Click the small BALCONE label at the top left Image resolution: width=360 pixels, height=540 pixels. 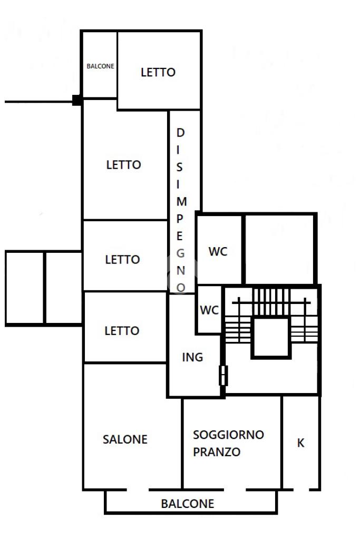click(x=100, y=66)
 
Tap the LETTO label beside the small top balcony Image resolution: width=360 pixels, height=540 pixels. click(x=158, y=72)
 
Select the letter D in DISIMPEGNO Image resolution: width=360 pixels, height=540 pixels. click(x=180, y=133)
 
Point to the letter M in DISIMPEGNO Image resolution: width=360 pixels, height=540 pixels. click(x=181, y=201)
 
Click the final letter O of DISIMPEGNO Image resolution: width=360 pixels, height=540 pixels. click(x=181, y=287)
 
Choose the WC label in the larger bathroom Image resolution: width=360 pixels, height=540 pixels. click(x=218, y=251)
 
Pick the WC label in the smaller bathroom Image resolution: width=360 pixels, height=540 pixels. click(x=209, y=310)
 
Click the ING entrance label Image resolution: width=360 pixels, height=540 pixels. click(x=192, y=357)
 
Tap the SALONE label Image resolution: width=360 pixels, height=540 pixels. click(x=125, y=439)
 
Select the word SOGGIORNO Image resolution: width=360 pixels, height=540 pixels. click(x=228, y=435)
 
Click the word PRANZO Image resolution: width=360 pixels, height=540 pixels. click(x=217, y=452)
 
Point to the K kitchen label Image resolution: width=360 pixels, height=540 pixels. click(x=300, y=443)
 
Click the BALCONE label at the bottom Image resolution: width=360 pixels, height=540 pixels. click(x=188, y=504)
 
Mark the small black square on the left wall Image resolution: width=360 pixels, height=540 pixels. click(x=77, y=100)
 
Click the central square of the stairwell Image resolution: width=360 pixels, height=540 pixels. click(x=270, y=337)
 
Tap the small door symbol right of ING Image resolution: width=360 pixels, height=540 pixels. click(x=223, y=375)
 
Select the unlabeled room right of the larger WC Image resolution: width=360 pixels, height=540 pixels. click(x=279, y=249)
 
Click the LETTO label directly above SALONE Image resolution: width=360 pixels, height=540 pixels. click(x=122, y=331)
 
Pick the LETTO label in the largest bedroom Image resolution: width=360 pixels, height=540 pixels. click(x=124, y=165)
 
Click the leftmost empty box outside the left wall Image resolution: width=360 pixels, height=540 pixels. click(x=25, y=287)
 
